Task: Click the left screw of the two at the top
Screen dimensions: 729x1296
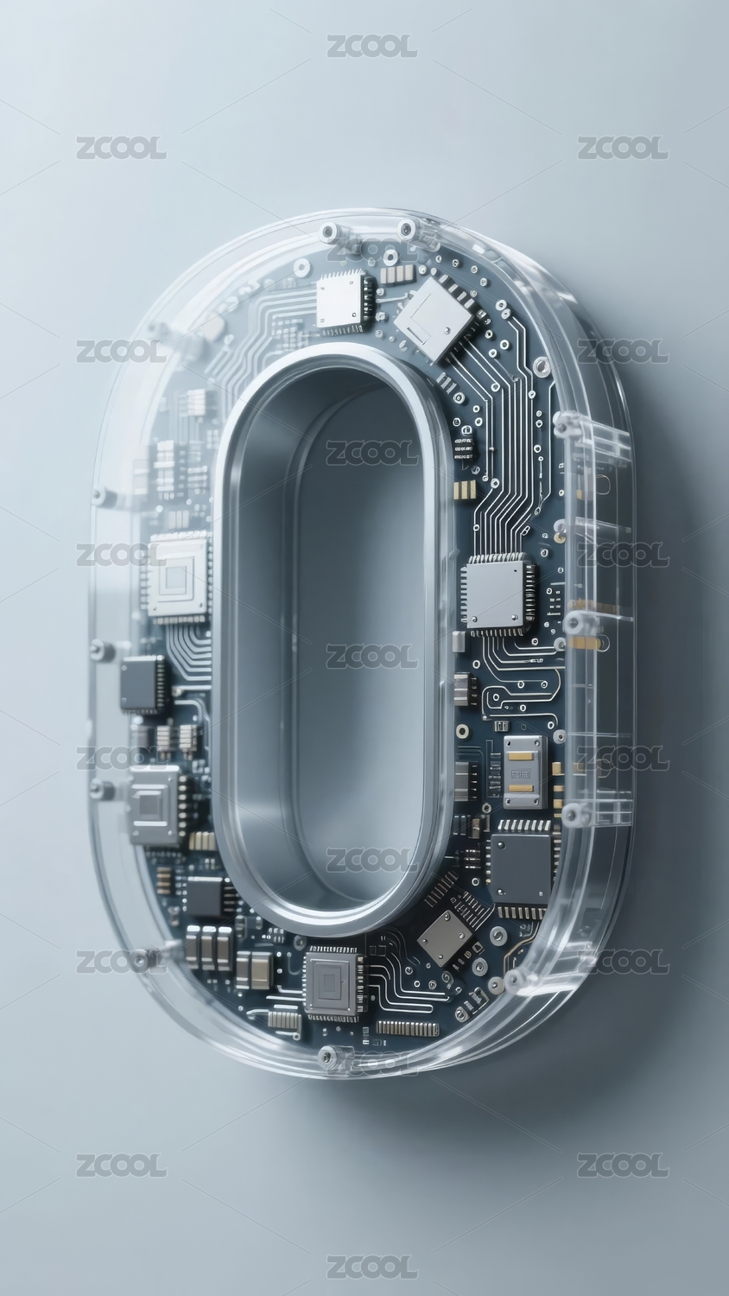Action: pos(328,232)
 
